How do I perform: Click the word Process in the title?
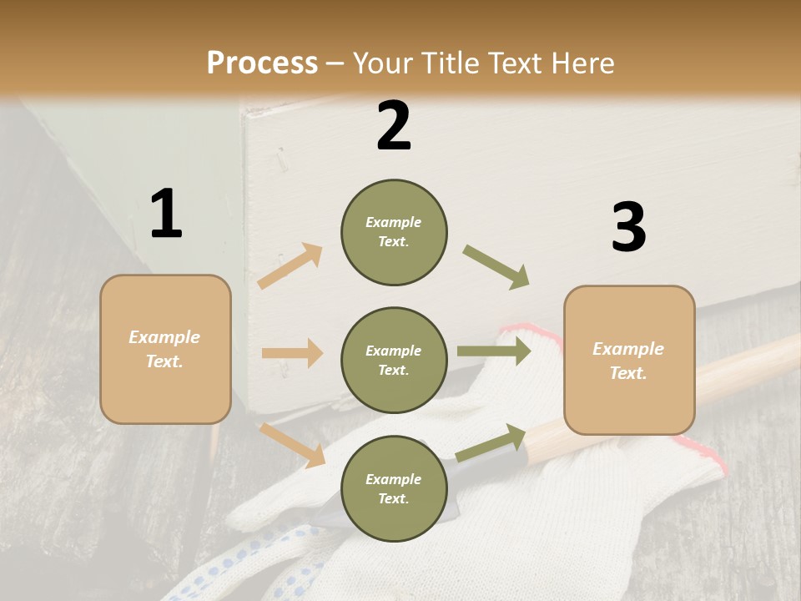[262, 63]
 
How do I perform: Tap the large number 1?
[166, 214]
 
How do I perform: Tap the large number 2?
[394, 126]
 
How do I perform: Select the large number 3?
[628, 227]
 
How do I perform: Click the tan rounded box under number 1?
[165, 349]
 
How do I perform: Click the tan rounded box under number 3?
[629, 361]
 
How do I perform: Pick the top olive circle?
[394, 232]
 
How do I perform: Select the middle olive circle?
[394, 361]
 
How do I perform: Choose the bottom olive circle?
[394, 488]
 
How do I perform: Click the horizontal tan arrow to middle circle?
[292, 353]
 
